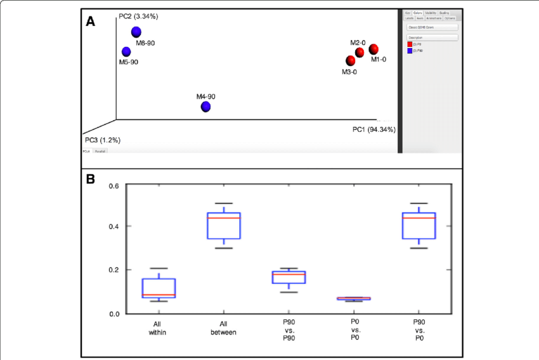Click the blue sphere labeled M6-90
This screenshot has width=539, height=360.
tap(136, 32)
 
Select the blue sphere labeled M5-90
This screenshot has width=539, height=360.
tap(126, 51)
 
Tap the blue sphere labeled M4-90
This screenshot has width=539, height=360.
tap(206, 106)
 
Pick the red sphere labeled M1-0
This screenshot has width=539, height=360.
tap(373, 49)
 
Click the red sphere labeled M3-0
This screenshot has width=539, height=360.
tap(351, 60)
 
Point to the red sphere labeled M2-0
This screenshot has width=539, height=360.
tap(360, 53)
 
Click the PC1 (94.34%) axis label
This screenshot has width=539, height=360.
tap(374, 130)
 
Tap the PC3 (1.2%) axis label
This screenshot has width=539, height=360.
tap(103, 139)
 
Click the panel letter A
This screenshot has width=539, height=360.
tap(91, 22)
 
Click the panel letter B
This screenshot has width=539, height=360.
tap(91, 180)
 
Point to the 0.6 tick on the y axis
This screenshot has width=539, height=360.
tap(114, 186)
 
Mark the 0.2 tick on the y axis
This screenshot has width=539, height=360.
tap(114, 270)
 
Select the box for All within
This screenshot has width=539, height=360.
tap(159, 288)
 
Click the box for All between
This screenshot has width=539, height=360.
tap(224, 226)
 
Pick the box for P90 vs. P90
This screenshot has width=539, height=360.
tap(289, 277)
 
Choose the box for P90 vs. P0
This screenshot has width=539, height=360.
tap(419, 226)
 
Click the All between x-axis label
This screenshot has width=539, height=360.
tap(223, 328)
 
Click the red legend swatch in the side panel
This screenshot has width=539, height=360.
tap(410, 44)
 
